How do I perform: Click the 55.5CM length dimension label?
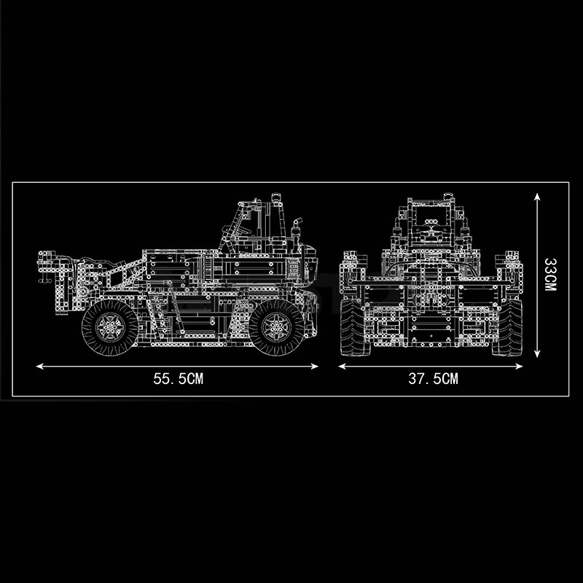pyautogui.click(x=177, y=378)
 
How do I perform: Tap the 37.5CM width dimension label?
pyautogui.click(x=433, y=378)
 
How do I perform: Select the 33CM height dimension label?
pyautogui.click(x=550, y=275)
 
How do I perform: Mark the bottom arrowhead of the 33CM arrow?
pyautogui.click(x=537, y=356)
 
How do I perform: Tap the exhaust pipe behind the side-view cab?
pyautogui.click(x=297, y=233)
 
